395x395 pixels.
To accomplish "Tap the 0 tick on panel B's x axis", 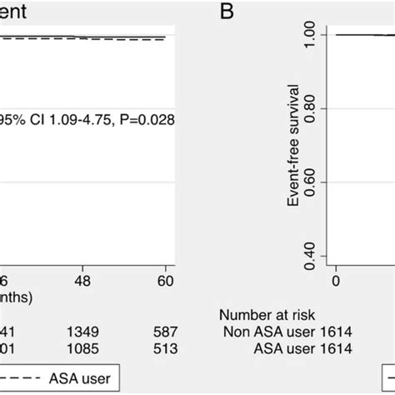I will pos(336,281).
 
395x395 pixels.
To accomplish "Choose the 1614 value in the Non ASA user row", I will pos(334,331).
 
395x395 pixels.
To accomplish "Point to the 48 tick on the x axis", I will pos(83,281).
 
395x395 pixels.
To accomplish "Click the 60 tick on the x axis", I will pos(166,281).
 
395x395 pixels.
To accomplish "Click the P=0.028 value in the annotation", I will pos(144,119).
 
